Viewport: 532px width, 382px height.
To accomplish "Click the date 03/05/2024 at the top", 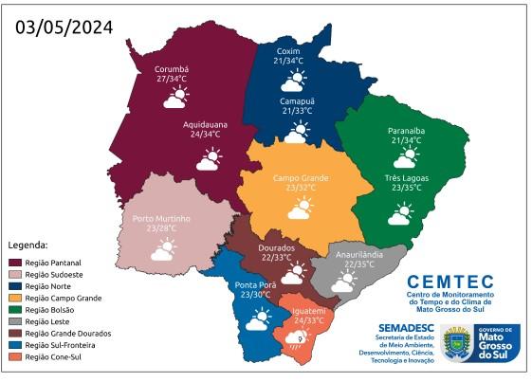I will pyautogui.click(x=64, y=27).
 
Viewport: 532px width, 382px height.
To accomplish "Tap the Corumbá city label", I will pyautogui.click(x=173, y=69).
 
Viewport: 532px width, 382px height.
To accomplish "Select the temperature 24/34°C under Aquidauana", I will pyautogui.click(x=205, y=135).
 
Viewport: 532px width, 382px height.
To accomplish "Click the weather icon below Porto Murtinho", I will pyautogui.click(x=162, y=250).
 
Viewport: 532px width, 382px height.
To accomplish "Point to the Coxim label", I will pyautogui.click(x=288, y=49).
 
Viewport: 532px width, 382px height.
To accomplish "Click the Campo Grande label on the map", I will pyautogui.click(x=300, y=178).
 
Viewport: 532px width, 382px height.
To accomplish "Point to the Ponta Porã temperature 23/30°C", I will pyautogui.click(x=256, y=295).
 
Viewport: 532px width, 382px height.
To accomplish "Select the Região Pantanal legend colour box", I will pyautogui.click(x=14, y=262).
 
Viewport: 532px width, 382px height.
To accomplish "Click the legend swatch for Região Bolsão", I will pyautogui.click(x=14, y=309).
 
